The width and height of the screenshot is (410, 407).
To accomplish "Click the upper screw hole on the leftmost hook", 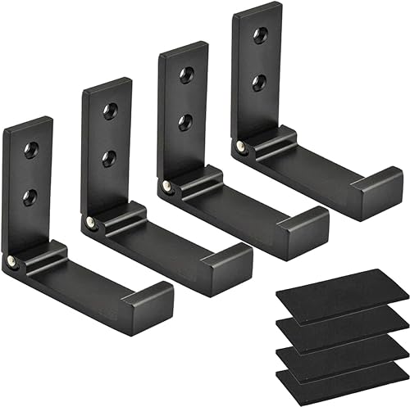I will point(31,148).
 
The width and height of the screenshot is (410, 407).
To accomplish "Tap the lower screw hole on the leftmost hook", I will point(31,195).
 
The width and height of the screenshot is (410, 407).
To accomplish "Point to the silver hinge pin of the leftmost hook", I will point(14,260).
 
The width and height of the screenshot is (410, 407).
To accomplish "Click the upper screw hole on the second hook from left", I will point(110,111).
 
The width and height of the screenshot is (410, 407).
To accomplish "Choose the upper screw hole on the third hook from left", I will point(185,75).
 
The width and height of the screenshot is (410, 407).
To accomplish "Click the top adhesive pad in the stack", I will point(340,288).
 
